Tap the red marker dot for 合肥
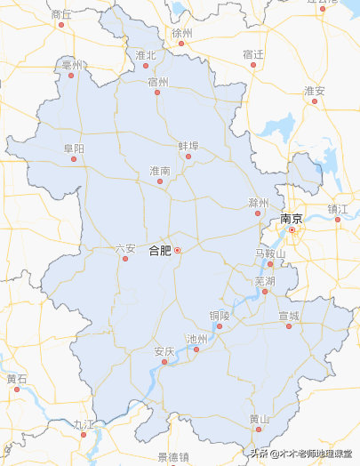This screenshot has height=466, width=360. click(177, 251)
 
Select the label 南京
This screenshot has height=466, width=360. click(292, 218)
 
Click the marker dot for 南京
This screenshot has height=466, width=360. click(292, 229)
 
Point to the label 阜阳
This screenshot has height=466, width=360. click(74, 149)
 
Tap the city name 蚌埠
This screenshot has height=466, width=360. click(188, 145)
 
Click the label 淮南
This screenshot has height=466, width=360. click(160, 170)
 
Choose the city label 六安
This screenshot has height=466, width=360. click(125, 248)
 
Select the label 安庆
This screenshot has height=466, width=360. click(164, 351)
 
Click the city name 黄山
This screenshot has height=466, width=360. click(259, 419)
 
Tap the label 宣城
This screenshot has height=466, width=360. click(289, 316)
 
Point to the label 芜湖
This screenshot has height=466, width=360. click(265, 280)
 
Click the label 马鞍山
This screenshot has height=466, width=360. click(270, 253)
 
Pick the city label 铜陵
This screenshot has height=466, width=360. click(220, 315)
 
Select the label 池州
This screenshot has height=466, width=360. click(196, 339)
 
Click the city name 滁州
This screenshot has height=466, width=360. click(259, 203)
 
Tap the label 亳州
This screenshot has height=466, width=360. click(71, 65)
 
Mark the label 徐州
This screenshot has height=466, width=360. click(182, 32)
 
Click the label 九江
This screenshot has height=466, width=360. click(84, 424)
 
